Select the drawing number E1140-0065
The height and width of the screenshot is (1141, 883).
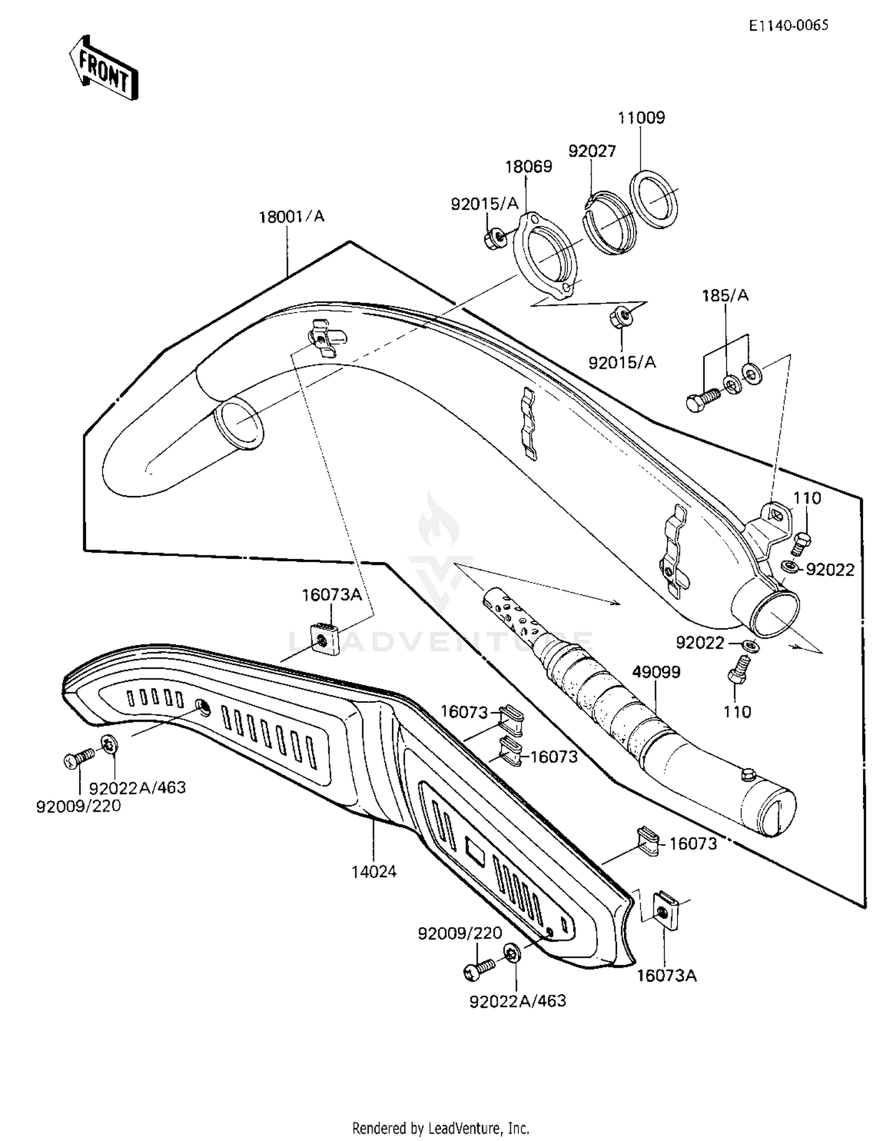(x=788, y=25)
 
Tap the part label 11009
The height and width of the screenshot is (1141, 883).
(x=641, y=118)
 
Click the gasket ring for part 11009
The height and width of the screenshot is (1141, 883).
(x=653, y=199)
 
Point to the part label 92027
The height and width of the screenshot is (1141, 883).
(x=592, y=151)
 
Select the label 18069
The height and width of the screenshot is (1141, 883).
(x=529, y=167)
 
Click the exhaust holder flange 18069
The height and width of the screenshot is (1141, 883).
(x=545, y=253)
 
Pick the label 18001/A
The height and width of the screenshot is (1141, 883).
(x=291, y=217)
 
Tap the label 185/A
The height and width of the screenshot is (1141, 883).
(x=725, y=296)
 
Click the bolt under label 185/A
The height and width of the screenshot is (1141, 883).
(x=702, y=400)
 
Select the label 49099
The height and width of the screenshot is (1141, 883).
(x=656, y=672)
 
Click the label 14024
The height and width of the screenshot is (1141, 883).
(x=374, y=871)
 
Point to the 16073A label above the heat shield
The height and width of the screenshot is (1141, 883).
(x=331, y=595)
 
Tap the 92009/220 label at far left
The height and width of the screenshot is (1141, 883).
(x=78, y=806)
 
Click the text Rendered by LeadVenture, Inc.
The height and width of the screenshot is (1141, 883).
(x=440, y=1128)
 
